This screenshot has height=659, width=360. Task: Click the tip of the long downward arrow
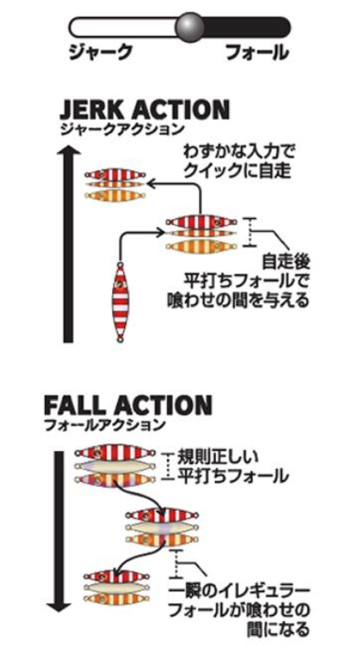pos(59,607)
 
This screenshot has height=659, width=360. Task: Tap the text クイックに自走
pos(237,171)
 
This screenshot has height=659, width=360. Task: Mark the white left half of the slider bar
pos(122,27)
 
